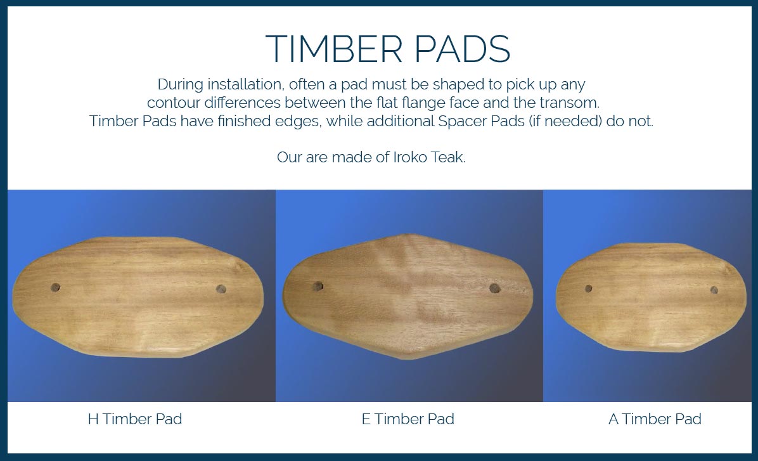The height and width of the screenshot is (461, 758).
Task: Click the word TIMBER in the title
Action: click(x=334, y=49)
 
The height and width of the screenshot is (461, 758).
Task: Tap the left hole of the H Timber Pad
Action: click(x=56, y=287)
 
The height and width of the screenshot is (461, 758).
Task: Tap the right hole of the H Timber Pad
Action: click(x=221, y=289)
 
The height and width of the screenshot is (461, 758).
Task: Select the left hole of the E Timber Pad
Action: click(x=318, y=287)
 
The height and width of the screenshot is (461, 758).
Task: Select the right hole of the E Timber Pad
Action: click(x=494, y=289)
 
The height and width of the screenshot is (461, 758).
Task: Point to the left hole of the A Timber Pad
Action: click(x=588, y=289)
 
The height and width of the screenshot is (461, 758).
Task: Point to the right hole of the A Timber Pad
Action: click(x=714, y=290)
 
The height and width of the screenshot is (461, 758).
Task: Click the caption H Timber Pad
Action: click(x=135, y=419)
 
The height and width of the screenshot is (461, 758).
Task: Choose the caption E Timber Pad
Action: click(x=408, y=419)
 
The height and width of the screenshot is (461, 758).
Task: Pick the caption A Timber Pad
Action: click(x=655, y=419)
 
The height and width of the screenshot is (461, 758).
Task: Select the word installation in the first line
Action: click(x=245, y=84)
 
